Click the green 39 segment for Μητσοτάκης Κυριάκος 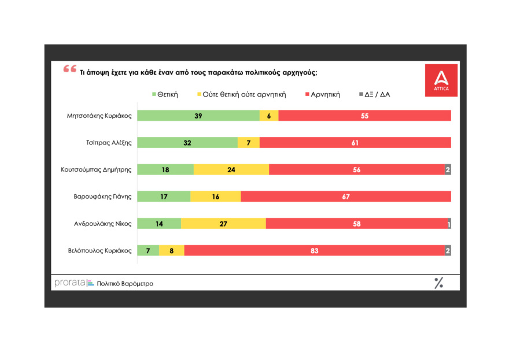[198, 116]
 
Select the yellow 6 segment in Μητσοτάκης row [269, 116]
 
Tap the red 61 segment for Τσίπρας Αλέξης [355, 143]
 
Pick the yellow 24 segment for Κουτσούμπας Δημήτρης [231, 170]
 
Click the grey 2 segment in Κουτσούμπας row [448, 170]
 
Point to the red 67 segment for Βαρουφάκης [346, 196]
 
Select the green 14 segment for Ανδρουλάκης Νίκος [160, 224]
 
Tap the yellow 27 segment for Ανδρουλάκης [224, 224]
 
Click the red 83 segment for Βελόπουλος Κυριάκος [314, 251]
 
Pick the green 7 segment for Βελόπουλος [148, 251]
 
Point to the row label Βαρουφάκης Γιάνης [103, 196]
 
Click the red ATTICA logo [441, 80]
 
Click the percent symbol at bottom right [438, 283]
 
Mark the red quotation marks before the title [69, 69]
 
